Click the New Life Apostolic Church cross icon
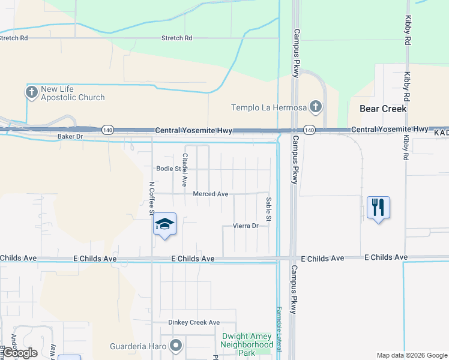point(31,92)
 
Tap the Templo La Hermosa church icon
point(316,108)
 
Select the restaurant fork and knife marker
point(378,208)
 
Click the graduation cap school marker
point(164,224)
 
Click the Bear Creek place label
point(383,109)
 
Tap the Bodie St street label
point(168,169)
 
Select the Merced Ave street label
point(211,194)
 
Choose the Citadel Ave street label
point(185,169)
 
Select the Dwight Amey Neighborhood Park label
point(247,344)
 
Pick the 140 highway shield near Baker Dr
point(107,130)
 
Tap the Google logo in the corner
point(20,353)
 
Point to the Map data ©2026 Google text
point(411,355)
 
